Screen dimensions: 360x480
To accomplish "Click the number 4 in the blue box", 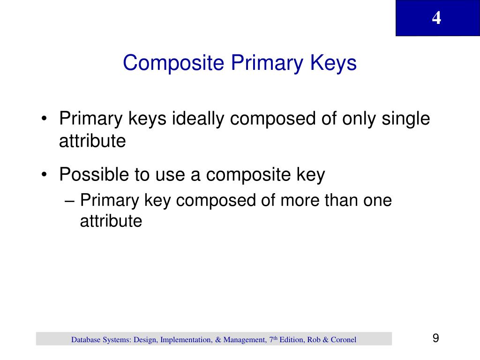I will (436, 18).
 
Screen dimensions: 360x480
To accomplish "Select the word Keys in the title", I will (334, 63).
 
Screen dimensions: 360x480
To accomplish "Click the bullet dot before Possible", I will (44, 175).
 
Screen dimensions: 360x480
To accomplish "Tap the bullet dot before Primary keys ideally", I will (44, 119).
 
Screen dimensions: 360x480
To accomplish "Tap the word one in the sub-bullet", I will (378, 201).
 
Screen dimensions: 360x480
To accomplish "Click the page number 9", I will (436, 338).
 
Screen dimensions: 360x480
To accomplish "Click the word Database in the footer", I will (86, 339).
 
